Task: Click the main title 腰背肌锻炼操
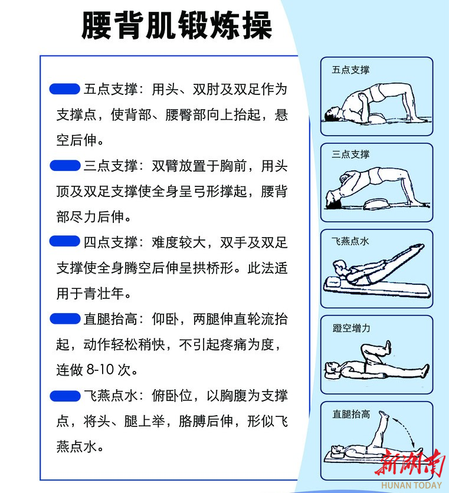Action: tap(176, 25)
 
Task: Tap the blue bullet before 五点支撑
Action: tap(65, 89)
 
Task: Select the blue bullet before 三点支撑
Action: tap(65, 165)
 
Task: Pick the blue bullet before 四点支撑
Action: tap(65, 241)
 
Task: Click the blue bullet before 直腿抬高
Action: tap(65, 318)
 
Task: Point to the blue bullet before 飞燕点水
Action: tap(65, 396)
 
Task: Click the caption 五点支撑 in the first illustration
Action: tap(350, 70)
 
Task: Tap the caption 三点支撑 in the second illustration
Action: tap(350, 155)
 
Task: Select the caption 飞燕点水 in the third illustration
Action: tap(350, 241)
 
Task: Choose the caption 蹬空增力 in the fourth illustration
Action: tap(352, 328)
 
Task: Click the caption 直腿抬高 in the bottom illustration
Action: tap(352, 414)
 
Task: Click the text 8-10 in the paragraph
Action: tap(100, 369)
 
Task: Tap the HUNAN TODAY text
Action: tap(412, 485)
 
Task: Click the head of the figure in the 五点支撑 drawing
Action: tap(332, 114)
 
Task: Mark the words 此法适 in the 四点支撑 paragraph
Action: tap(267, 268)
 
